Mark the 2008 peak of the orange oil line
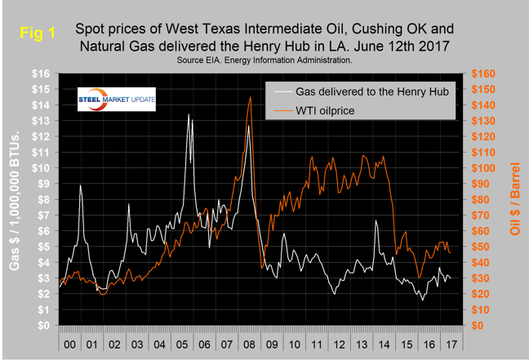point(250,97)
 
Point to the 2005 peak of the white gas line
point(189,114)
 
